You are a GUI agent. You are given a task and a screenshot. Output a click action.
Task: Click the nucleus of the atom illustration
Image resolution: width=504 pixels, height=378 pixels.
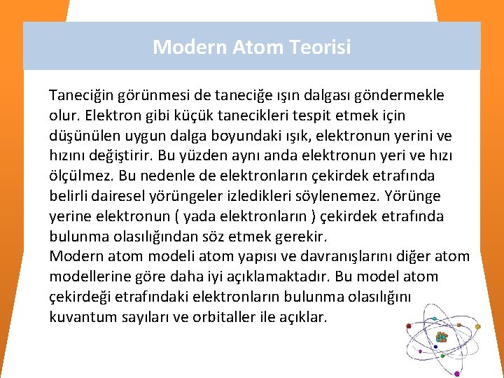[x=441, y=338]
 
